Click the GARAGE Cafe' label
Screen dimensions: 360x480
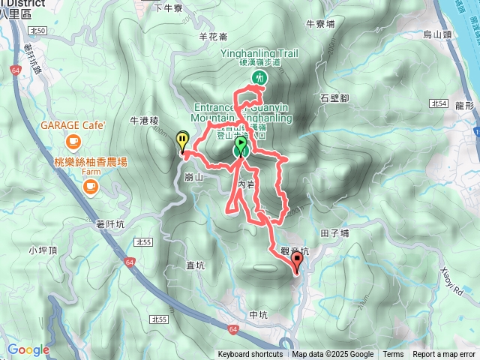[73, 124]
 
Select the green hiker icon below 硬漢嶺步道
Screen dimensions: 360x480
[259, 77]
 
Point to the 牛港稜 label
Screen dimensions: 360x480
[145, 120]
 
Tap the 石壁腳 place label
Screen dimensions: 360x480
[334, 98]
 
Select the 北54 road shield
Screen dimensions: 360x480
[439, 102]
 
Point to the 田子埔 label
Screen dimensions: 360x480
[334, 233]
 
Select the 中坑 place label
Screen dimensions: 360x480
[257, 314]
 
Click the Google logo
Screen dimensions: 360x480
[28, 349]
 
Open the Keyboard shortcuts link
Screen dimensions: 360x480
[250, 355]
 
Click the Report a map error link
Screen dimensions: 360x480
[444, 355]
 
